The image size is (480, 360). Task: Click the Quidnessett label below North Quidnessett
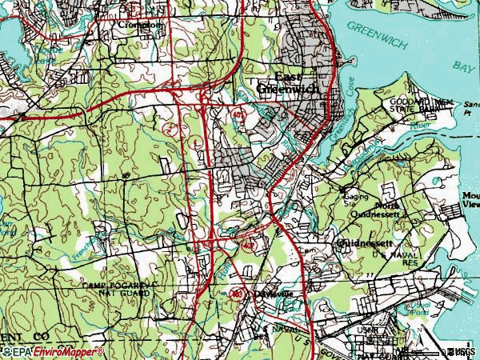(365, 242)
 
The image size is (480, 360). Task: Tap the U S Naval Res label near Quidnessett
(389, 258)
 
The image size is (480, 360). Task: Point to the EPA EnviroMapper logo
(52, 351)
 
